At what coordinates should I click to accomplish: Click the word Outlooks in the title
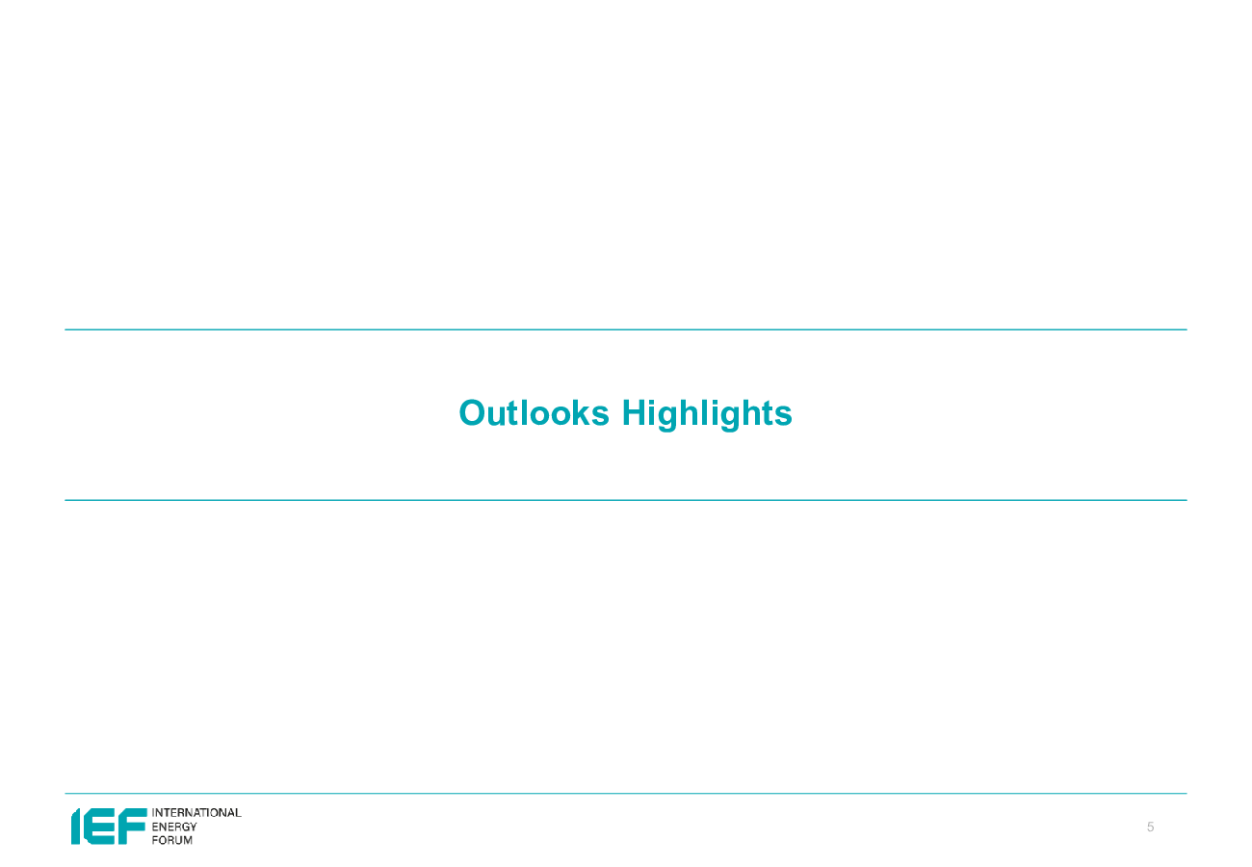click(534, 413)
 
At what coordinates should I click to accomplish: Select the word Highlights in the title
click(707, 415)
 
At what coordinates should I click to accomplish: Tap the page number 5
click(1150, 827)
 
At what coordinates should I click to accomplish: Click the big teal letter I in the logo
click(75, 827)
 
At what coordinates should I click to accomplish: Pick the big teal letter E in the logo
click(99, 827)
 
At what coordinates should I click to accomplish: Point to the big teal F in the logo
click(132, 827)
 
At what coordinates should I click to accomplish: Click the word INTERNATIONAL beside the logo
click(196, 813)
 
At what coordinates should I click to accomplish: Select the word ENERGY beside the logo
click(174, 827)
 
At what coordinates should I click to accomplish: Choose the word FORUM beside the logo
click(172, 840)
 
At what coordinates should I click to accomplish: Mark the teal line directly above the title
click(626, 329)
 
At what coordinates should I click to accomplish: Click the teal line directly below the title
click(626, 500)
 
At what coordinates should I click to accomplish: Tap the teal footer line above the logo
click(626, 793)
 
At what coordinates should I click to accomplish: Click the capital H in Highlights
click(635, 413)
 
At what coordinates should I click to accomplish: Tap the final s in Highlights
click(783, 416)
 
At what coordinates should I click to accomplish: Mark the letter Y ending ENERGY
click(193, 827)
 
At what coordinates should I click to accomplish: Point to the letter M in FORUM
click(188, 840)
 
